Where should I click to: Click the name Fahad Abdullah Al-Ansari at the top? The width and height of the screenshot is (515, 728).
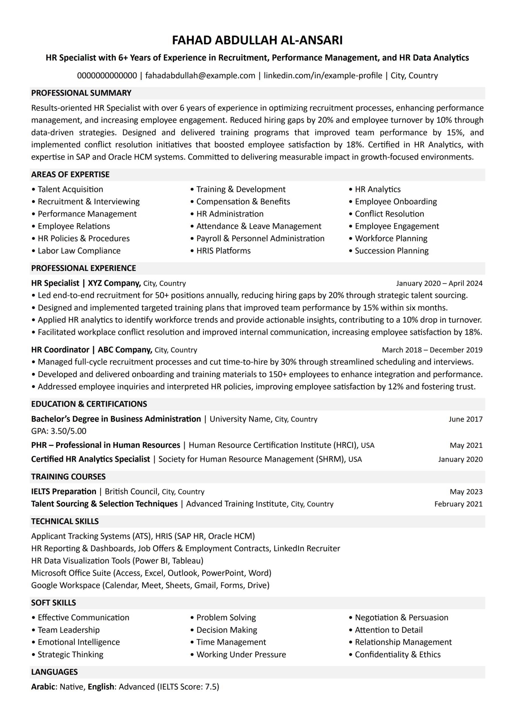pos(257,40)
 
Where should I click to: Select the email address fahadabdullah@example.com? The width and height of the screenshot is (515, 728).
pos(200,75)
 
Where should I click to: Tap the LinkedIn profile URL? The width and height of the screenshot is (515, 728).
pos(323,75)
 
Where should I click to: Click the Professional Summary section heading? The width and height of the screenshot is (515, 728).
pos(81,93)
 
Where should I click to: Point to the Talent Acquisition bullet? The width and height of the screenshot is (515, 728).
pos(71,189)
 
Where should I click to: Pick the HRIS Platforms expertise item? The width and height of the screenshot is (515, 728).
pos(223,251)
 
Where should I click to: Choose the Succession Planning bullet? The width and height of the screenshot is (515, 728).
pos(392,251)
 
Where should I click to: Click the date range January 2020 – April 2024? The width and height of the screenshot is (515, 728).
pos(439,284)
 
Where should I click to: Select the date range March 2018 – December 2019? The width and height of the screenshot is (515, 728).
pos(432,350)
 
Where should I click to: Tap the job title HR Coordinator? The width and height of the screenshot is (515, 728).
pos(60,350)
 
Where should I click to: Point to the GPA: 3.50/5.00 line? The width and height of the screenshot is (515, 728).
pos(59,431)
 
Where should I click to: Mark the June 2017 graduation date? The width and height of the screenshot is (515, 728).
pos(465,419)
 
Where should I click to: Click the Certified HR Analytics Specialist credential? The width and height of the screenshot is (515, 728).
pos(90,459)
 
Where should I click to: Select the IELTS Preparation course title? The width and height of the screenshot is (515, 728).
pos(64,491)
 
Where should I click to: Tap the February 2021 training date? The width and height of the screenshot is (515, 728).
pos(458,504)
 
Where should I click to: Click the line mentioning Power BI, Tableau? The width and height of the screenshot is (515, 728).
pos(117,561)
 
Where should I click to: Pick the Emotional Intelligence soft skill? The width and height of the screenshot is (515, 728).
pos(79,642)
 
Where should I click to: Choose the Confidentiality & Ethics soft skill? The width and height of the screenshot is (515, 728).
pos(397,654)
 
